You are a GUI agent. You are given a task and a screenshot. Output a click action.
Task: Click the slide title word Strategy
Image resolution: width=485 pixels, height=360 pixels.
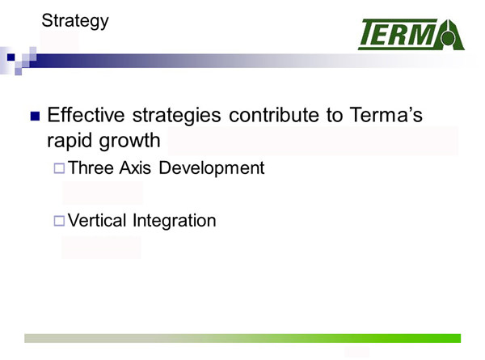click(x=75, y=21)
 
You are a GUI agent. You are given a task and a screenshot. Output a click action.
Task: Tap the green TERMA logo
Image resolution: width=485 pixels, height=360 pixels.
click(x=411, y=34)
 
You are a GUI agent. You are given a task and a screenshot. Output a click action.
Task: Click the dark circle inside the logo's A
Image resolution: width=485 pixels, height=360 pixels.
click(x=448, y=39)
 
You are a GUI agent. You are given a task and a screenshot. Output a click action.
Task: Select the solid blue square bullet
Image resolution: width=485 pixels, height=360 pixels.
click(x=36, y=116)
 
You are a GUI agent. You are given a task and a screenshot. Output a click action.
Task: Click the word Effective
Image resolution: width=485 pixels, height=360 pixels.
click(x=86, y=115)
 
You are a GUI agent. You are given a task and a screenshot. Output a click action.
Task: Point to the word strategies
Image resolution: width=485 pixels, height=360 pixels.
click(x=176, y=116)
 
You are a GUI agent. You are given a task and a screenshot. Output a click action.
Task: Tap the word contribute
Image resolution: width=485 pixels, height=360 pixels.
click(x=274, y=115)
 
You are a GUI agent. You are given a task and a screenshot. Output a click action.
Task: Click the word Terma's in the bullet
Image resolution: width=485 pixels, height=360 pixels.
click(x=386, y=115)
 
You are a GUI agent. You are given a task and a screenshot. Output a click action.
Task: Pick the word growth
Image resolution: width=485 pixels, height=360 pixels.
click(x=129, y=141)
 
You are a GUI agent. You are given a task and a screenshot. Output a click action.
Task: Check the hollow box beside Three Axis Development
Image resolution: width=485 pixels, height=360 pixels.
click(x=59, y=168)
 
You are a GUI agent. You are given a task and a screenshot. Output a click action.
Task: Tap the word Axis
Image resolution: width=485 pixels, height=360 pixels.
click(x=135, y=167)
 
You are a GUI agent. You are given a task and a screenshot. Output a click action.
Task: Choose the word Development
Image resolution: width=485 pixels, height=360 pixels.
click(x=212, y=168)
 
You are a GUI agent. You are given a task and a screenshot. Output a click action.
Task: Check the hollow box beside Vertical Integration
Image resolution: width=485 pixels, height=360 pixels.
click(x=59, y=221)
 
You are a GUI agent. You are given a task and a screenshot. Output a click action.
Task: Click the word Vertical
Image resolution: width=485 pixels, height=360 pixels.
click(x=96, y=220)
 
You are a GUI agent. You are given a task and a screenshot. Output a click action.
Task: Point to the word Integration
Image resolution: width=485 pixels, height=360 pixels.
click(x=174, y=221)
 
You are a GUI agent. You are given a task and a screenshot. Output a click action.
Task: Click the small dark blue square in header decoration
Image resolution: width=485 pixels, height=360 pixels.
click(x=11, y=57)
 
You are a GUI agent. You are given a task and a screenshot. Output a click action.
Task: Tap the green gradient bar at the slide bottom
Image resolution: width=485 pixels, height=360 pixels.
click(x=242, y=338)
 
